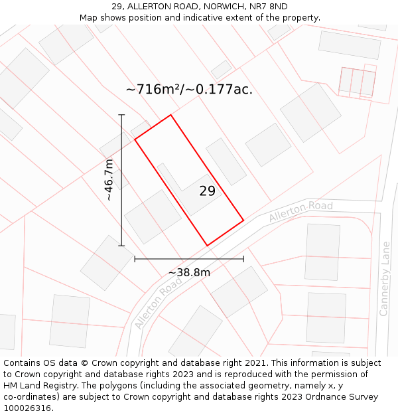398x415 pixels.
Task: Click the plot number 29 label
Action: (x=207, y=191)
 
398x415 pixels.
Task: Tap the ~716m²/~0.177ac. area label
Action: (x=189, y=89)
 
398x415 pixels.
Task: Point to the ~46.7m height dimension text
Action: (x=109, y=180)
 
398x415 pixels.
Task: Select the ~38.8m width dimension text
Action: (x=189, y=272)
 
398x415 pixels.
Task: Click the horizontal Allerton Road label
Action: (x=300, y=211)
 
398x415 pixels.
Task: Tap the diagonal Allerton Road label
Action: (x=158, y=303)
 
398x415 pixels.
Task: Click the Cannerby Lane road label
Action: (x=385, y=278)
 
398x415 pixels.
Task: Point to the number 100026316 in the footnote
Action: (x=27, y=408)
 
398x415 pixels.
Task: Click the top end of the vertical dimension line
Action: (x=121, y=115)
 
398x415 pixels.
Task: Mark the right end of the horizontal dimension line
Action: (x=243, y=258)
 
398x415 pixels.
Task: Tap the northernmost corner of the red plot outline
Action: (x=170, y=115)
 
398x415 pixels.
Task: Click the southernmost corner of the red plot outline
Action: (x=208, y=246)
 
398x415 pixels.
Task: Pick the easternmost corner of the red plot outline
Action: (x=243, y=220)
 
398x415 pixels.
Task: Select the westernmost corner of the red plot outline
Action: (x=135, y=139)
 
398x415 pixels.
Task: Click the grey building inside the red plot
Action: (x=189, y=190)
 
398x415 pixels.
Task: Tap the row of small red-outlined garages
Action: (x=357, y=82)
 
